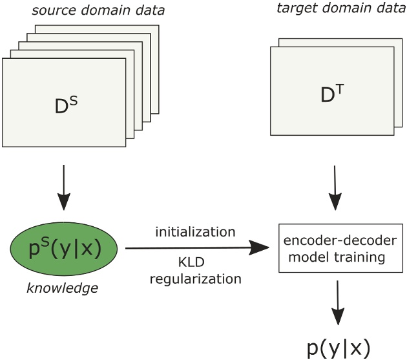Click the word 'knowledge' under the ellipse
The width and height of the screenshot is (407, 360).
62,286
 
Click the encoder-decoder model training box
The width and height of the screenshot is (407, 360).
335,248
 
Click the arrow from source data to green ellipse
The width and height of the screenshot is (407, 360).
63,187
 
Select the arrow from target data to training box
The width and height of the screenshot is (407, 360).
335,187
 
